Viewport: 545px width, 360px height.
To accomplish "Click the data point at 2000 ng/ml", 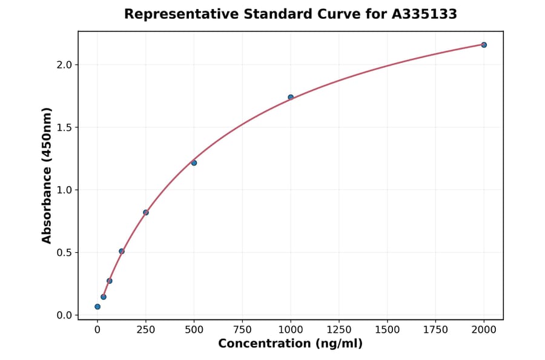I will click(484, 45).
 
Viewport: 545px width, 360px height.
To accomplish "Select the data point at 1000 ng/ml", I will click(291, 97).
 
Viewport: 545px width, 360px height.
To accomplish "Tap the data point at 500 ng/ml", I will click(194, 162).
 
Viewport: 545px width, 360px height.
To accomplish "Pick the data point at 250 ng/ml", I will click(146, 212).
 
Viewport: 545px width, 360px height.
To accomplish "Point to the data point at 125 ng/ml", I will click(122, 251).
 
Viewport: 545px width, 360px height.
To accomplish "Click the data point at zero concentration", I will click(97, 307).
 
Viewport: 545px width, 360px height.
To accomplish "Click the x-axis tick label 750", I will click(242, 330).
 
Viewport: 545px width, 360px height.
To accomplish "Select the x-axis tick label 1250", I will click(339, 330).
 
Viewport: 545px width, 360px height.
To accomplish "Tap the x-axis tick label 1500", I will click(388, 330).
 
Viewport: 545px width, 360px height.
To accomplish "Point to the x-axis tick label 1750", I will click(435, 330).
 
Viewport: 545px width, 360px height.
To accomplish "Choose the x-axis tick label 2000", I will click(484, 330).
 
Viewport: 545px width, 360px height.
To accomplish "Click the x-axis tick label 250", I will click(146, 330).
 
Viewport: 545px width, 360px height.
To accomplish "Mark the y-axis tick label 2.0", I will click(64, 65).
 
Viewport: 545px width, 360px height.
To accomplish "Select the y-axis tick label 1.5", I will click(64, 127).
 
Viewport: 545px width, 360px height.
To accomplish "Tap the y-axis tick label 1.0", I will click(64, 190).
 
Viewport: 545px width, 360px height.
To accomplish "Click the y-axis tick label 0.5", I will click(64, 253).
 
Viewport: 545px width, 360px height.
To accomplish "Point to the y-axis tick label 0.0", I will click(64, 315).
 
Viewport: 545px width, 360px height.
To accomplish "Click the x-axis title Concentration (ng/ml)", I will click(290, 344).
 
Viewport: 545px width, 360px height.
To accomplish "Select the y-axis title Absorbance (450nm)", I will click(47, 175).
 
